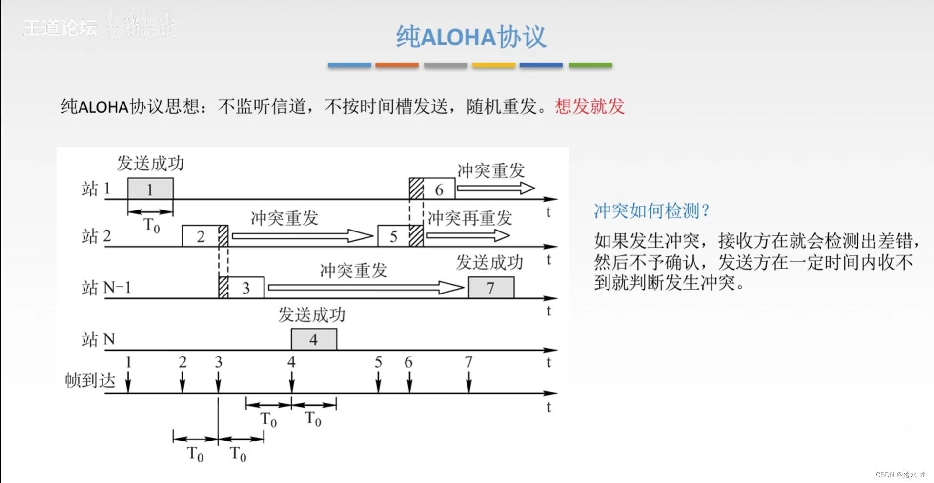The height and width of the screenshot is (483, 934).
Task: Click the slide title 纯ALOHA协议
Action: tap(471, 37)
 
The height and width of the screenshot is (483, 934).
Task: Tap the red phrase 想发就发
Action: tap(589, 106)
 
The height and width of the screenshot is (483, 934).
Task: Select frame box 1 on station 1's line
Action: tap(150, 189)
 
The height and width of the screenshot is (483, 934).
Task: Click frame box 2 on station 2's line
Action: tap(200, 236)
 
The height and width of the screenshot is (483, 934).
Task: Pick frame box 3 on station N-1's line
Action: tap(246, 288)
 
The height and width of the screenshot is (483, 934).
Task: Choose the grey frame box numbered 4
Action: tap(314, 339)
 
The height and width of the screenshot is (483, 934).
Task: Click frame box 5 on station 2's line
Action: tap(393, 236)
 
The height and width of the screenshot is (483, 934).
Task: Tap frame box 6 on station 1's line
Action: tap(439, 189)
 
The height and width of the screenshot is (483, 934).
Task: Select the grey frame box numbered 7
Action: tap(491, 288)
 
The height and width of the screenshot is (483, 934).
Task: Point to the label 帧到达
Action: tap(90, 380)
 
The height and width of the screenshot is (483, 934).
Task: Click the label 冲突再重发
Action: tap(470, 218)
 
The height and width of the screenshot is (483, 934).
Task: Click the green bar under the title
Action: tap(590, 65)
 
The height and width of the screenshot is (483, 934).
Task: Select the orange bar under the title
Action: tap(397, 65)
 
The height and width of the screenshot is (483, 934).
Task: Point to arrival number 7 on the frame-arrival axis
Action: tap(468, 362)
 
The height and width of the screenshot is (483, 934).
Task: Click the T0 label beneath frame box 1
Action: tap(151, 226)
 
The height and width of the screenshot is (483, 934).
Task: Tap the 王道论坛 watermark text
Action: tap(60, 27)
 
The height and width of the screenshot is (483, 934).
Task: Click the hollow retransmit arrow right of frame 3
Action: tap(365, 288)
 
